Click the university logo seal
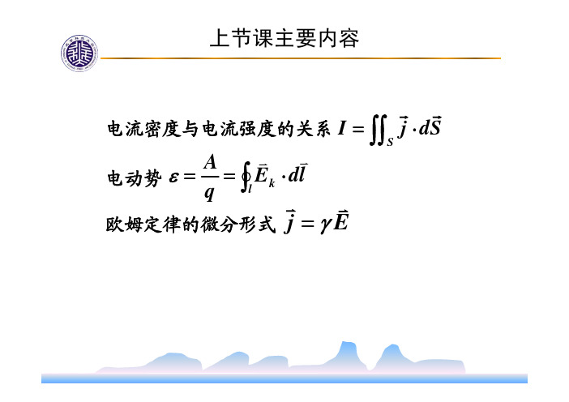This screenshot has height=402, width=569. pos(79,53)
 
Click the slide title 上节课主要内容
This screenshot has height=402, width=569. pos(284,38)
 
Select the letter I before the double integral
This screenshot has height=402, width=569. pos(341,128)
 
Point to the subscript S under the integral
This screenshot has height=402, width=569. pos(390,142)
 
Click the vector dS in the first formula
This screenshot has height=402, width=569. pos(430,126)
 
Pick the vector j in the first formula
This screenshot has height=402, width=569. pos(402,127)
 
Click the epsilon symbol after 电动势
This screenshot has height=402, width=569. pos(173,177)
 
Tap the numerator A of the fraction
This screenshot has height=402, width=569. pos(210,162)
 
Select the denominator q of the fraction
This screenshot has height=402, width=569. pos(209,192)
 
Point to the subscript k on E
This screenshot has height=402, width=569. pos(272,184)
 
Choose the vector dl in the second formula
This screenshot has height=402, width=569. pos(297,173)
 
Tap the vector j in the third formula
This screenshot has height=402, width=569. pos(289,221)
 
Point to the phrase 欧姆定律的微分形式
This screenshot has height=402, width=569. pos(190,225)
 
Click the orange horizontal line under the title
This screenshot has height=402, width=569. pos(301,58)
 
